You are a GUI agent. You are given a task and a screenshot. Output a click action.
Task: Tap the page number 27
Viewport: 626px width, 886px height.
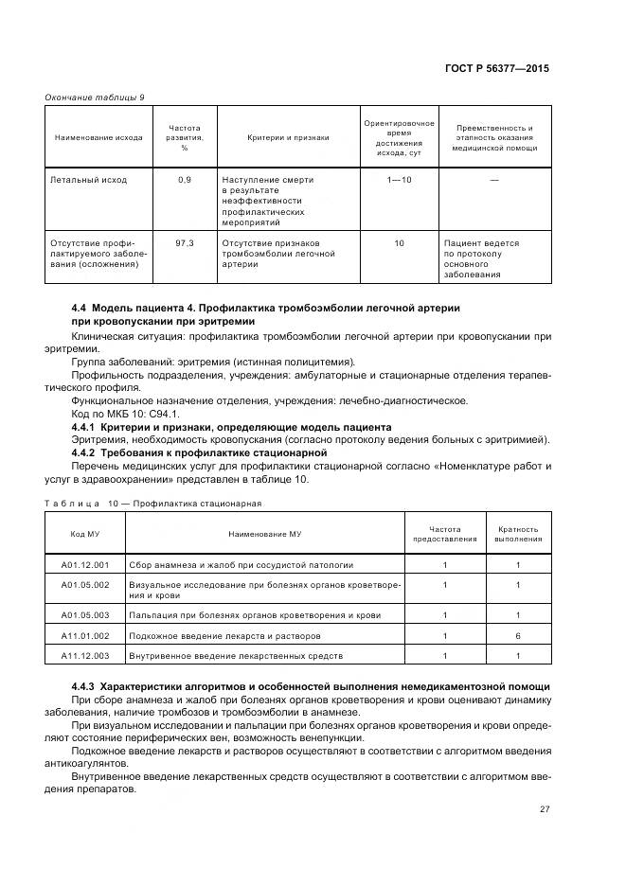click(544, 809)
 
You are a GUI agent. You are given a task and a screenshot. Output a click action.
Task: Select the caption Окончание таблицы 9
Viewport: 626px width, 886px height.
click(95, 97)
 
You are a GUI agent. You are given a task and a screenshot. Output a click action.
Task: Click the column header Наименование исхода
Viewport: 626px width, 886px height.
click(98, 137)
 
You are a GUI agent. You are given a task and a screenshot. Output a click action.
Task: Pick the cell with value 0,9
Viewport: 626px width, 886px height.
click(185, 179)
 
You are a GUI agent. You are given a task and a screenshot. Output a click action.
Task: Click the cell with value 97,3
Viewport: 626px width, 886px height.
click(185, 243)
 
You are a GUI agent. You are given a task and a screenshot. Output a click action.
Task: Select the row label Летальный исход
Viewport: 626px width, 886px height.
click(89, 179)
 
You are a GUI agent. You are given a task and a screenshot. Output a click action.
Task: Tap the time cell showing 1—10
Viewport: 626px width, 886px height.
click(399, 179)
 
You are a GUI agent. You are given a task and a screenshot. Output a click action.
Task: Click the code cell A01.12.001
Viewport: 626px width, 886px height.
click(85, 565)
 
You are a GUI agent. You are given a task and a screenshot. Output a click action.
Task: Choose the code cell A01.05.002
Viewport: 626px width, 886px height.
click(85, 585)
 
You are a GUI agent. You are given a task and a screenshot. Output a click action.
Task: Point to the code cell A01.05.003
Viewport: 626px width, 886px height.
click(85, 615)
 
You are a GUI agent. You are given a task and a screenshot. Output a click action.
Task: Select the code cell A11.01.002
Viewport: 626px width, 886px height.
click(85, 635)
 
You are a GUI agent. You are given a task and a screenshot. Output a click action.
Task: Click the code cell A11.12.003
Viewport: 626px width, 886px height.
click(85, 655)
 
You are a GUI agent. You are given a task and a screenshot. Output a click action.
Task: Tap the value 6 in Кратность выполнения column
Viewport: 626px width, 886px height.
click(517, 635)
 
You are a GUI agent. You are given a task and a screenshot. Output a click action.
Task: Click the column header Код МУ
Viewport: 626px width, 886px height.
click(84, 534)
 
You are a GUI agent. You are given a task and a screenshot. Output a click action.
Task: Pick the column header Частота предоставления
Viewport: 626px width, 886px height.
click(444, 534)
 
